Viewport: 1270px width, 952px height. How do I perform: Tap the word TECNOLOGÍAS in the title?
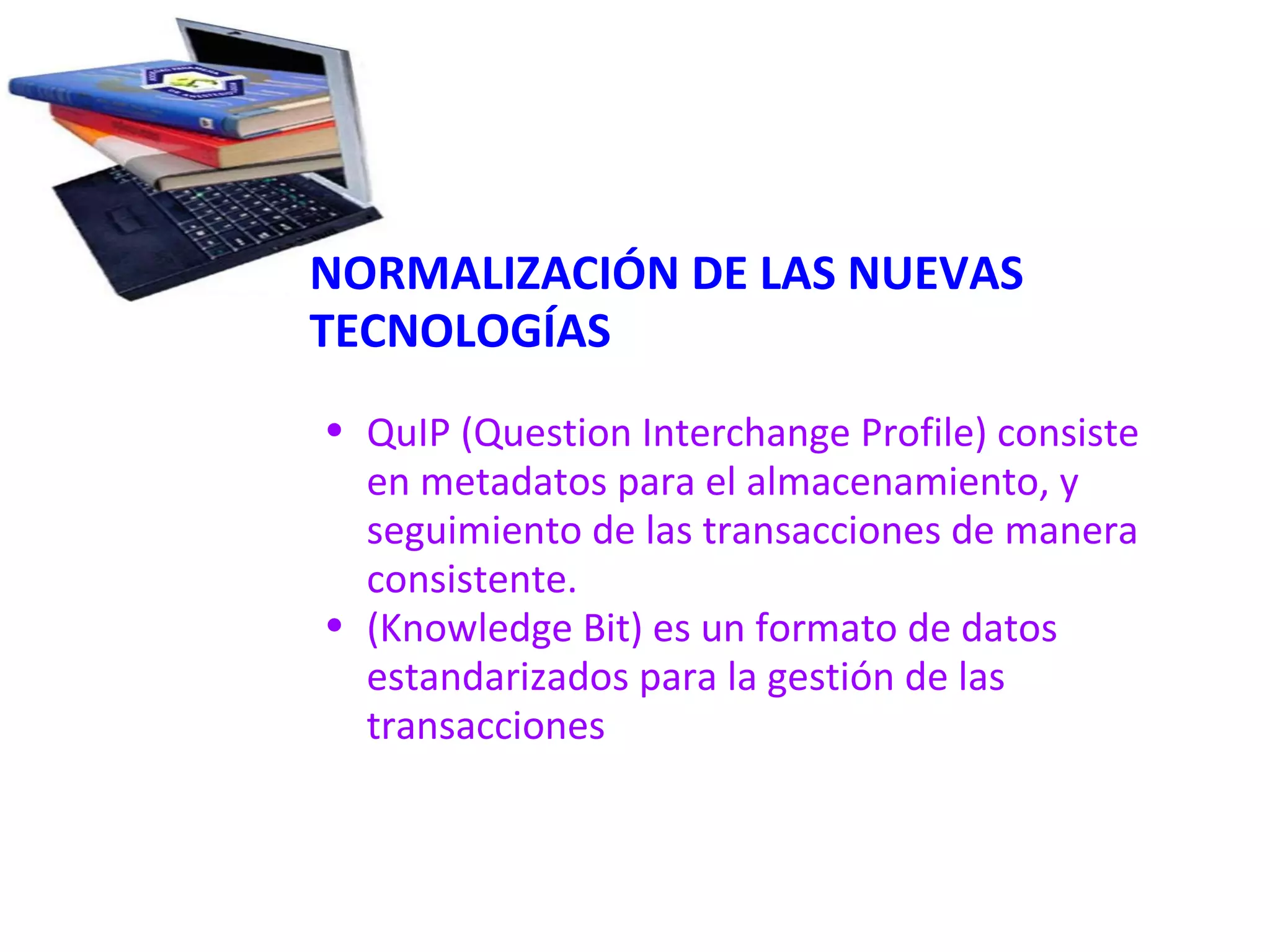(460, 331)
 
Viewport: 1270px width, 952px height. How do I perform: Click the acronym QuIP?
(408, 433)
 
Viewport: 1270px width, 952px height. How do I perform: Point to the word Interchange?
(745, 433)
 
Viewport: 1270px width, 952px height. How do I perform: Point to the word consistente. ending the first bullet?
(471, 580)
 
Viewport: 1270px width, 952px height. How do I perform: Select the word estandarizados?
(497, 677)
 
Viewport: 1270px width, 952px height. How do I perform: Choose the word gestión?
(830, 677)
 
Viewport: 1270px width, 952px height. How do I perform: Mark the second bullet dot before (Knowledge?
(335, 625)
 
